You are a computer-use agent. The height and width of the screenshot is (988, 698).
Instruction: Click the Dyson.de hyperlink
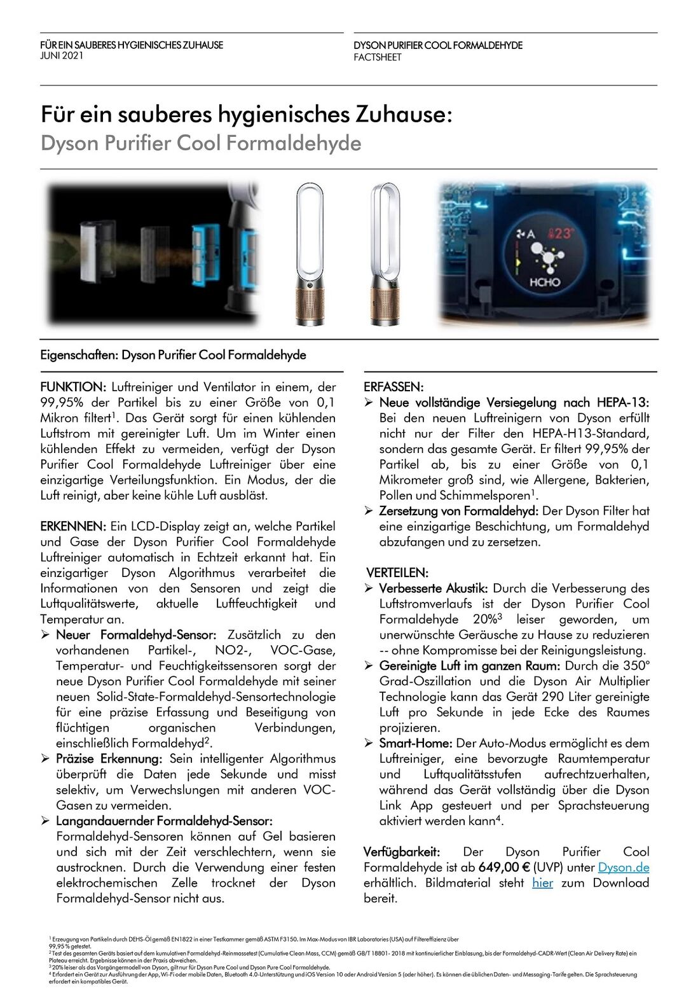[624, 867]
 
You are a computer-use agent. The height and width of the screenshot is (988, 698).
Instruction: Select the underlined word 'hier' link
[542, 883]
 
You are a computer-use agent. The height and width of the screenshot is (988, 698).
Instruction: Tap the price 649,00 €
[504, 867]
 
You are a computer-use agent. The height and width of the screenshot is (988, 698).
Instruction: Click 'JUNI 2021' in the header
[62, 56]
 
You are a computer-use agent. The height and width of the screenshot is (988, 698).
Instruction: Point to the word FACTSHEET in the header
[378, 57]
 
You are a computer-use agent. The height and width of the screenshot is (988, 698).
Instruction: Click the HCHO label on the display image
[544, 281]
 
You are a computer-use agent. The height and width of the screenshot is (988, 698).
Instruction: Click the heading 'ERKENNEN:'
[73, 527]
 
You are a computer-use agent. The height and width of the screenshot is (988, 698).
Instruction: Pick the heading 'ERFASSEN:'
[393, 387]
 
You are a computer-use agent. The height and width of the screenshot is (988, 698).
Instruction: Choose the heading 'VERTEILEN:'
[397, 573]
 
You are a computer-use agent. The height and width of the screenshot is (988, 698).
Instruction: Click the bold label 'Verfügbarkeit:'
[402, 852]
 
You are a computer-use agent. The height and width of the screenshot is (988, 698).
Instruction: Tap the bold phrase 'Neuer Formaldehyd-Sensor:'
[136, 635]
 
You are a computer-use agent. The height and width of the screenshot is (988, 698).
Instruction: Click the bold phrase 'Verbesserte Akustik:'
[434, 588]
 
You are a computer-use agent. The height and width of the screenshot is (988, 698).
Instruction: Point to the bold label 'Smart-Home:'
[416, 743]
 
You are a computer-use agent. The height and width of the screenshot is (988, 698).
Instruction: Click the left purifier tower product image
[310, 254]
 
